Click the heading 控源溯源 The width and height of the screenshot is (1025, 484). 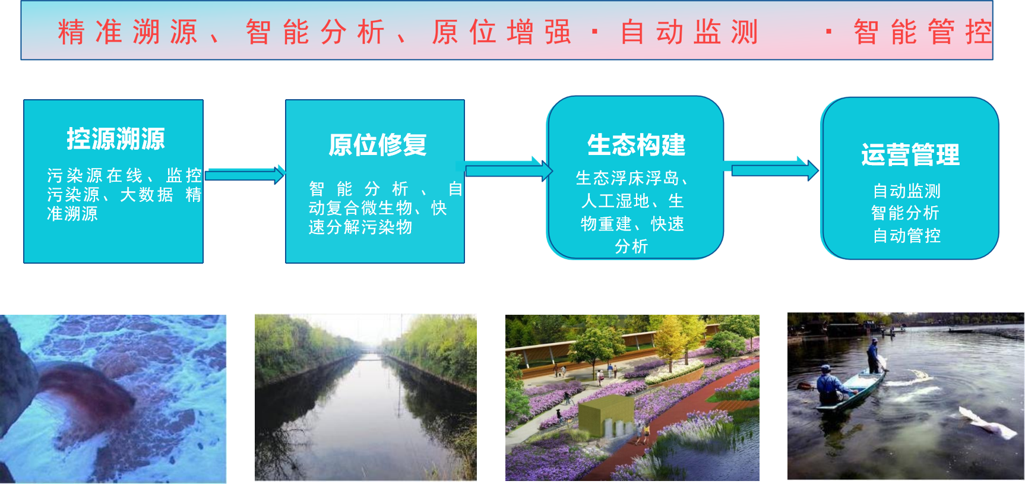tap(116, 139)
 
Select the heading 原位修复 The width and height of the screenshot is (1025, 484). tap(378, 145)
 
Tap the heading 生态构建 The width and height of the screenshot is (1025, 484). tap(636, 145)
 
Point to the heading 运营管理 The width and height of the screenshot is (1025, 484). tap(910, 155)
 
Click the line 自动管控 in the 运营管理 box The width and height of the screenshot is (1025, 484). tap(906, 236)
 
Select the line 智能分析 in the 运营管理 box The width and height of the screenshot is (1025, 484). tap(905, 213)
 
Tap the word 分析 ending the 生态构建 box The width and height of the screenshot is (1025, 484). tap(631, 246)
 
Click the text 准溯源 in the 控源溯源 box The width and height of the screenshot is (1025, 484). tap(72, 214)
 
